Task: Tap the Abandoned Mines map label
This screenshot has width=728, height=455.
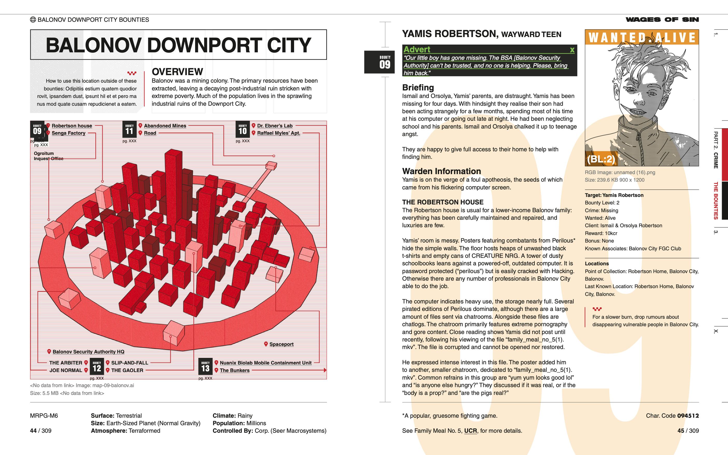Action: [165, 126]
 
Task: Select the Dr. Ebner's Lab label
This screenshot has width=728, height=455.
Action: [274, 126]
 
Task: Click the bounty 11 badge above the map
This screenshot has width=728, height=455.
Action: [129, 129]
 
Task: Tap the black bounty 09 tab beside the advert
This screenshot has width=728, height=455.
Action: [379, 62]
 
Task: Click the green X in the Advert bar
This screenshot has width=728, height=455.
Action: [572, 50]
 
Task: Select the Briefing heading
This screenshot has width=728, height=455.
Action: [418, 88]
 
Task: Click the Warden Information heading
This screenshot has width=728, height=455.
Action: [441, 171]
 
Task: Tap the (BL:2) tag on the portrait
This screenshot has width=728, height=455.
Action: [601, 159]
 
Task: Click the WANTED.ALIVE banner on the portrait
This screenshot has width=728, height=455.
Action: [642, 38]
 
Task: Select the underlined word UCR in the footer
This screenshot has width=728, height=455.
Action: [470, 431]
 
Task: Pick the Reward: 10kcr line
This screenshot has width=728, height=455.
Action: [601, 233]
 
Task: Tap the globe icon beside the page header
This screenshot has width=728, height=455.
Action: [33, 19]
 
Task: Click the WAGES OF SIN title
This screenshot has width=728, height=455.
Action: [662, 19]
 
